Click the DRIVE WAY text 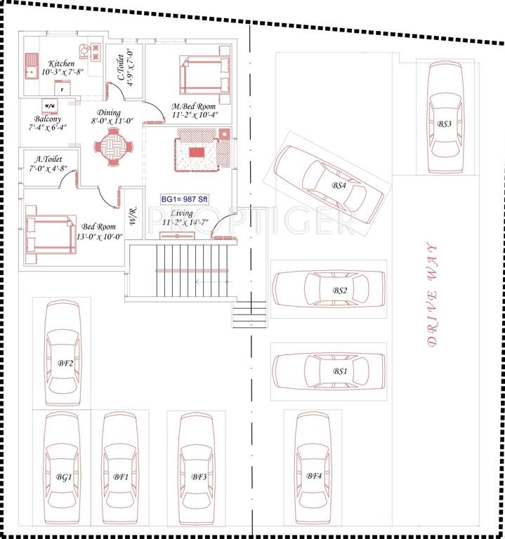(x=431, y=295)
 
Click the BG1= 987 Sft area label (x=185, y=199)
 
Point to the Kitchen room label (x=62, y=64)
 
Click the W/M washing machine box (x=51, y=105)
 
